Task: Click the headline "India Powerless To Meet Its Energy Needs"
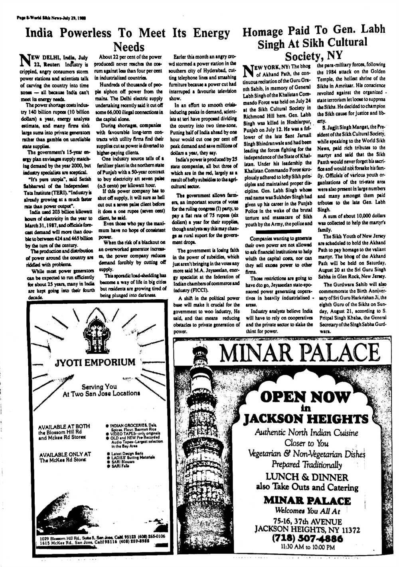[128, 39]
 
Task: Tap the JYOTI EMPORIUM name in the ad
[95, 362]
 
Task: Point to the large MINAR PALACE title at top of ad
[300, 353]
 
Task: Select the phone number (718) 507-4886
[307, 539]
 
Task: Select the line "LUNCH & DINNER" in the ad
[307, 477]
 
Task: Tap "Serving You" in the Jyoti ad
[99, 386]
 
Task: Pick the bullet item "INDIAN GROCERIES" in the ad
[128, 425]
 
